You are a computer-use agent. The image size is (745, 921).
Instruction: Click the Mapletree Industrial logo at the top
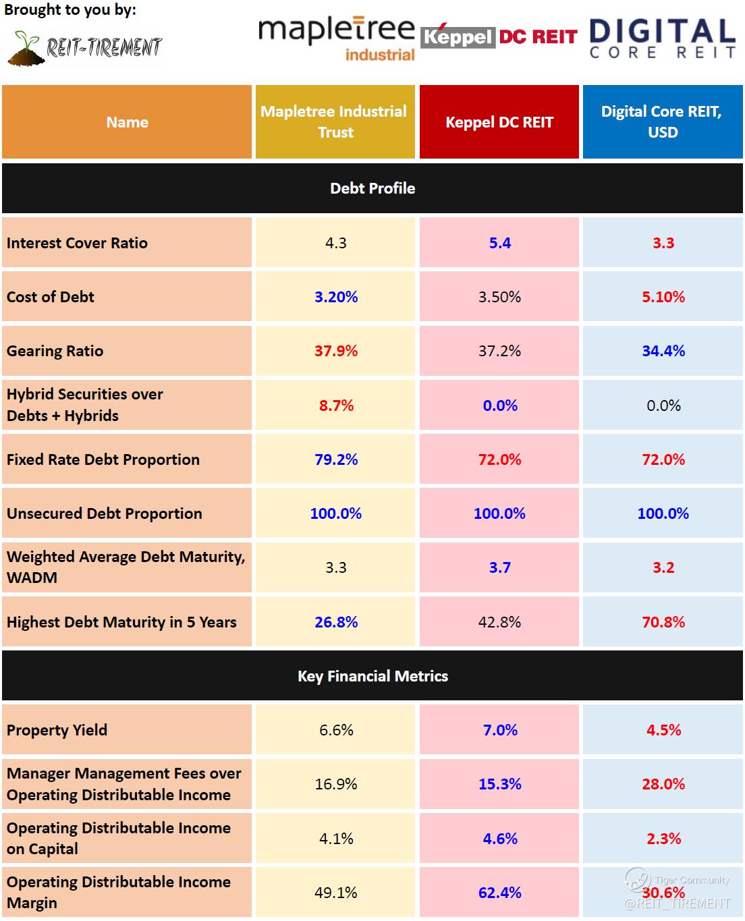click(336, 38)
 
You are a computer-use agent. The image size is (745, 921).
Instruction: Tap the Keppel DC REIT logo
click(499, 36)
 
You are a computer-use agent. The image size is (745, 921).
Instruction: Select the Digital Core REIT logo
click(662, 38)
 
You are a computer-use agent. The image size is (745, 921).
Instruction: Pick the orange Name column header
click(127, 122)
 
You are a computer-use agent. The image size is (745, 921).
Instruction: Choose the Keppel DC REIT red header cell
click(499, 122)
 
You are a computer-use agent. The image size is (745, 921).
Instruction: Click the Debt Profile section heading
click(373, 188)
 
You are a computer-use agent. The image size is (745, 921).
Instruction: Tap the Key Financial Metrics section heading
click(373, 676)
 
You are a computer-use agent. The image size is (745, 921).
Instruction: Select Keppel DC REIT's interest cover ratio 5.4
click(500, 243)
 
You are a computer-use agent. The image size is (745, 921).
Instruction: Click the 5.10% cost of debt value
click(663, 297)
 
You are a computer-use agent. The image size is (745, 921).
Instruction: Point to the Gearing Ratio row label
click(55, 351)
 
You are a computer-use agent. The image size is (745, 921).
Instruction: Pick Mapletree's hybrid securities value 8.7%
click(336, 406)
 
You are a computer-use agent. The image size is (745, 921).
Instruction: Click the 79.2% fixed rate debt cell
click(336, 459)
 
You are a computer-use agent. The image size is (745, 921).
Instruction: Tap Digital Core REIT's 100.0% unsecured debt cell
click(663, 513)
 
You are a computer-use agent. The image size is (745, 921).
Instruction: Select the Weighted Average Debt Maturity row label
click(126, 567)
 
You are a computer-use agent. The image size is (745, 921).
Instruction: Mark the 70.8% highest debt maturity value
click(663, 622)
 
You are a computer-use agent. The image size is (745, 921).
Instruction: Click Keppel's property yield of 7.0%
click(500, 730)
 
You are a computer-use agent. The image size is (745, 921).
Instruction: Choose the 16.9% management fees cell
click(336, 784)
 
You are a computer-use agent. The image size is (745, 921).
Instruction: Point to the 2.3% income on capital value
click(663, 839)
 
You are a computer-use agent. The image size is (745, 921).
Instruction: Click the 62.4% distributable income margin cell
click(500, 893)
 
